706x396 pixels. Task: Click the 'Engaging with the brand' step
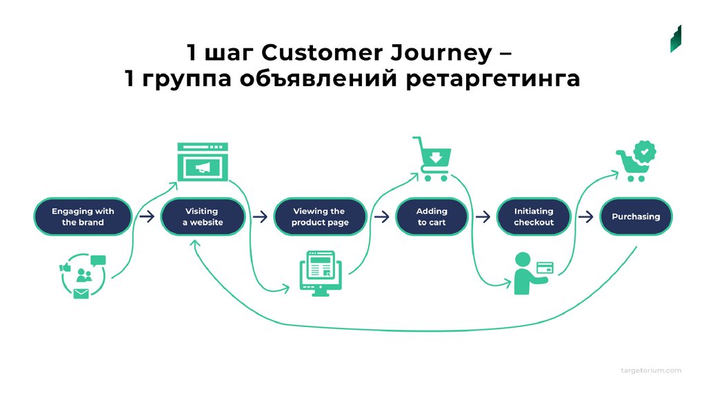83,217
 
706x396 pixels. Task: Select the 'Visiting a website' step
203,217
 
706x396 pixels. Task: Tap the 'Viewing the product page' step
320,217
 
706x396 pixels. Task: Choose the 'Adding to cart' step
432,217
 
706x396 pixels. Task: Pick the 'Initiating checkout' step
534,217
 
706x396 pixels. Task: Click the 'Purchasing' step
636,217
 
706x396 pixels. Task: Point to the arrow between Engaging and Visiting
147,217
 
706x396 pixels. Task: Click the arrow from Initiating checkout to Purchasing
585,217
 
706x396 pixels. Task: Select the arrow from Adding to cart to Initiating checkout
483,217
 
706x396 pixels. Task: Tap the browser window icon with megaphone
203,161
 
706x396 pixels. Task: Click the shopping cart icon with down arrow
432,159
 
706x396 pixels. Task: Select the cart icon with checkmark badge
636,161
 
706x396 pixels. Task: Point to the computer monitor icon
321,273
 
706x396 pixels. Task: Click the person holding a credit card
533,273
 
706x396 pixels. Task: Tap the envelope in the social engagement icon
81,294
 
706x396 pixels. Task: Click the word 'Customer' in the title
322,52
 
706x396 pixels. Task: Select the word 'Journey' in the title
441,54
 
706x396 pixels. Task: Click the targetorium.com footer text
651,370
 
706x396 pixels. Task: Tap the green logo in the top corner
676,39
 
